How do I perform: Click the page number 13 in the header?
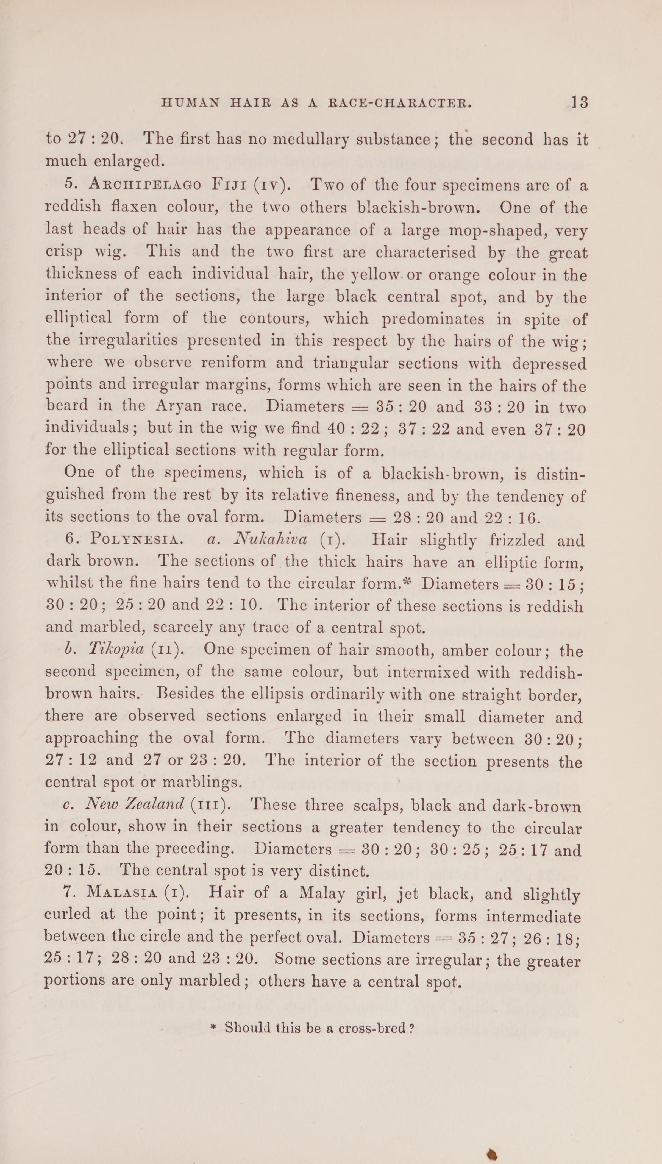(x=580, y=102)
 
